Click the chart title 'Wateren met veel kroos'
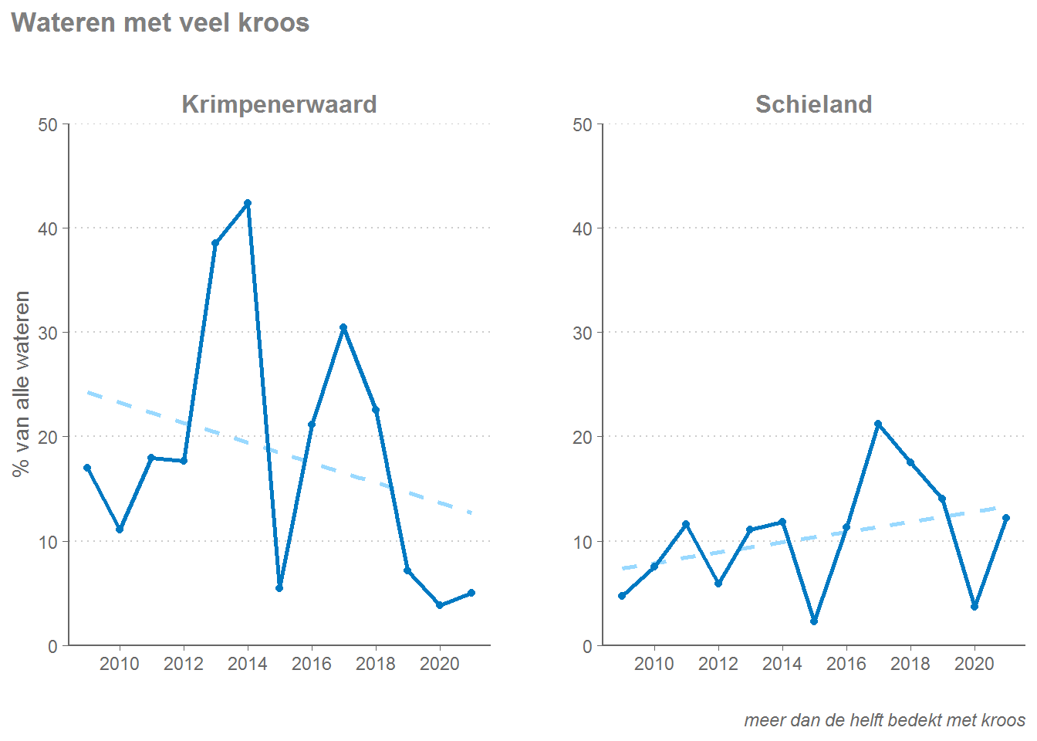pyautogui.click(x=160, y=23)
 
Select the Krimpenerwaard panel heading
pyautogui.click(x=279, y=104)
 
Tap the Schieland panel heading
pyautogui.click(x=813, y=104)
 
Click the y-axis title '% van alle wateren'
pyautogui.click(x=22, y=384)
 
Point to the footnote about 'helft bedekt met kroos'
pyautogui.click(x=884, y=720)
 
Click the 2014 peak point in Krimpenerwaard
pyautogui.click(x=248, y=203)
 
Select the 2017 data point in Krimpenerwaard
pyautogui.click(x=343, y=327)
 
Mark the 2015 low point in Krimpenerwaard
pyautogui.click(x=279, y=588)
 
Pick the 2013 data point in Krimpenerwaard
pyautogui.click(x=215, y=243)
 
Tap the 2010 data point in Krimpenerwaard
pyautogui.click(x=120, y=530)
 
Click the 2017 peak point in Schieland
pyautogui.click(x=878, y=424)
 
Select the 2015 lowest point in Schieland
pyautogui.click(x=814, y=621)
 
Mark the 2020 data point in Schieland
pyautogui.click(x=975, y=607)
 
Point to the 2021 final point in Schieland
pyautogui.click(x=1006, y=518)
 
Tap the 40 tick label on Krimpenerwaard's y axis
pyautogui.click(x=48, y=228)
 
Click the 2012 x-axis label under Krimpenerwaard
pyautogui.click(x=184, y=664)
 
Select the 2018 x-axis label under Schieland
pyautogui.click(x=910, y=664)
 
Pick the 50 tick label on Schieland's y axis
pyautogui.click(x=583, y=125)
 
